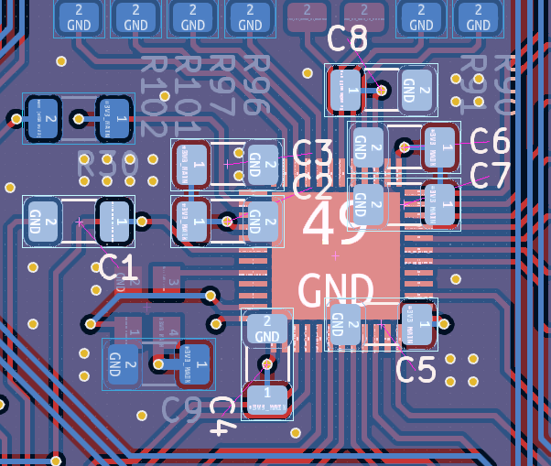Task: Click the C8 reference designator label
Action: coord(348,39)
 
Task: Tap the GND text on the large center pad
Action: coord(335,290)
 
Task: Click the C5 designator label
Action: coord(416,370)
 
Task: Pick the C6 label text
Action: coord(489,141)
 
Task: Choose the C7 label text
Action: coord(489,175)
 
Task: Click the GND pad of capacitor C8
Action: coord(415,90)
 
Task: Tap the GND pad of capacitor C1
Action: coord(42,221)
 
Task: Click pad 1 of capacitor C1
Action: coord(116,221)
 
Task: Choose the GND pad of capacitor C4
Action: coord(266,329)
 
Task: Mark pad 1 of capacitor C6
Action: coord(438,146)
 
